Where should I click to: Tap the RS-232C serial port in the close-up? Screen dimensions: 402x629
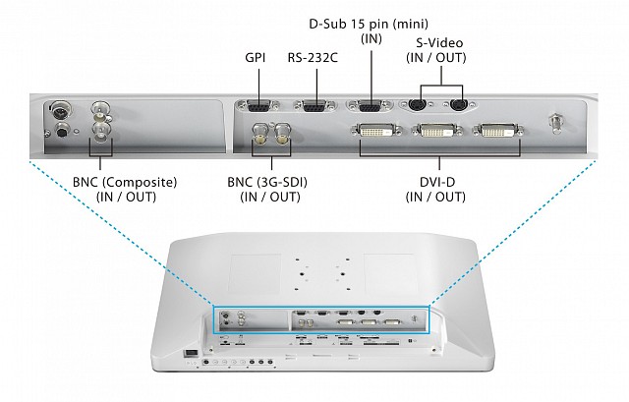(x=314, y=107)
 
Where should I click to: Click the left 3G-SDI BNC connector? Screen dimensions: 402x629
(x=261, y=134)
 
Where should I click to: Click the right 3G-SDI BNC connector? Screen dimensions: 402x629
(x=284, y=134)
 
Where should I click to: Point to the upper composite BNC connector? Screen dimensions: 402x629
(x=101, y=110)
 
